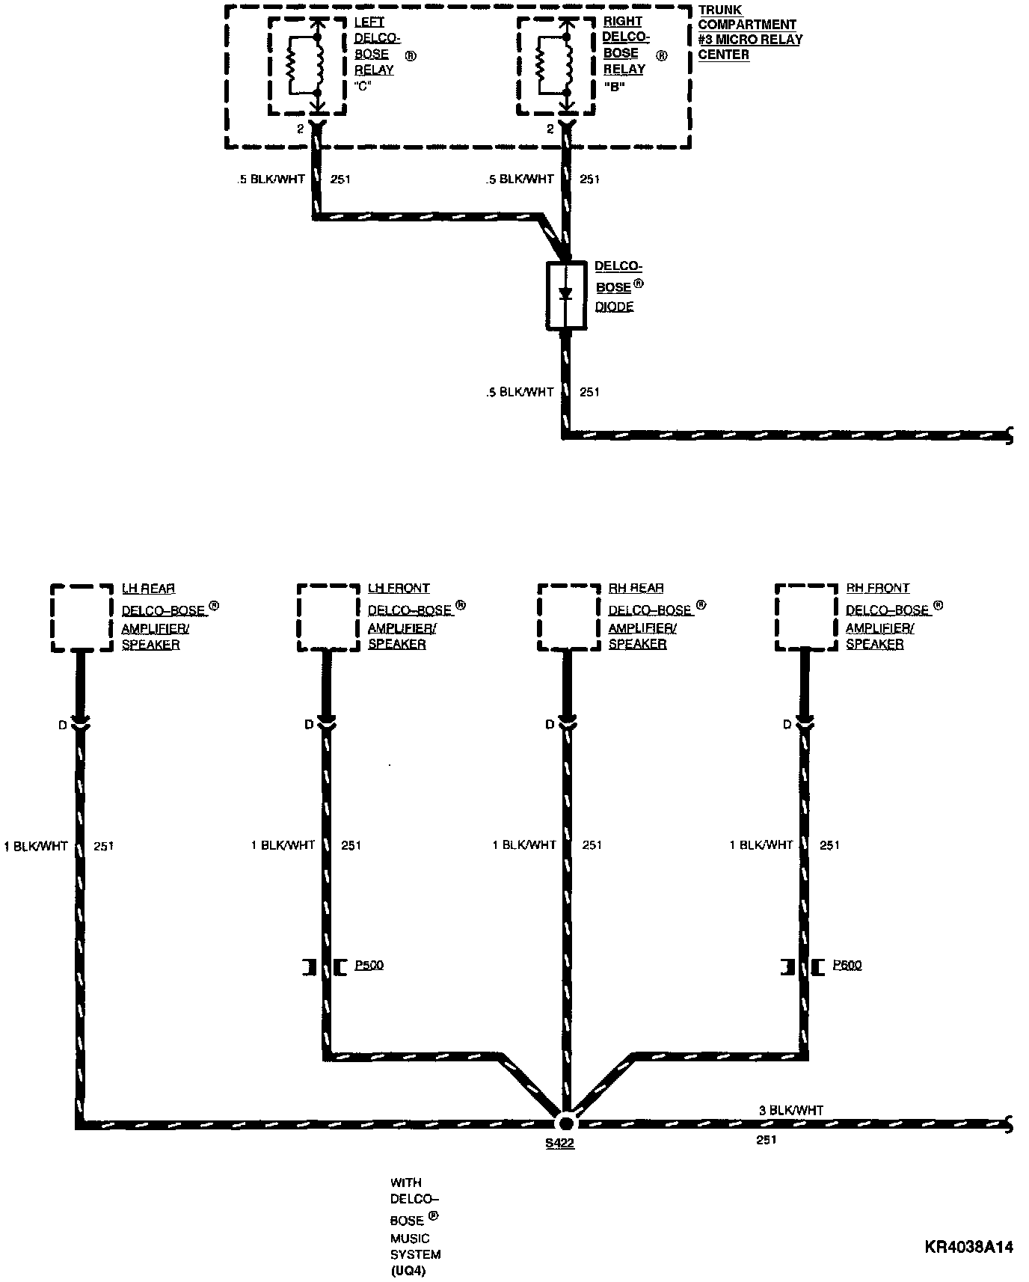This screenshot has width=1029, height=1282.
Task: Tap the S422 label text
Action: click(x=559, y=1144)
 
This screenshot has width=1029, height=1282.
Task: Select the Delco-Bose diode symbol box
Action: click(x=566, y=295)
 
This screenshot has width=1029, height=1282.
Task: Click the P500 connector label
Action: click(x=369, y=965)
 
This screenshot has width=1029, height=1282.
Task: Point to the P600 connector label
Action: click(x=847, y=965)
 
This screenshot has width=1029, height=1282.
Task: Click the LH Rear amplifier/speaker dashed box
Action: click(x=81, y=618)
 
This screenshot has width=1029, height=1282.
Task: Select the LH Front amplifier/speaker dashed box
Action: click(x=328, y=618)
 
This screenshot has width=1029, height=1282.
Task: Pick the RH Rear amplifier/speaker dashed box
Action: click(x=568, y=618)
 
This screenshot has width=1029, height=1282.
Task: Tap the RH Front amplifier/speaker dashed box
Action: click(x=806, y=618)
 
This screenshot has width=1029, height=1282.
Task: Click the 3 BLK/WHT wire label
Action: click(x=790, y=1111)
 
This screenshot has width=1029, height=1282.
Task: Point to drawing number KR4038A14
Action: click(x=968, y=1248)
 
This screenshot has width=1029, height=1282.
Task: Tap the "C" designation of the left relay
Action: click(x=362, y=85)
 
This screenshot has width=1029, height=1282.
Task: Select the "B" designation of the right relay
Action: click(x=613, y=85)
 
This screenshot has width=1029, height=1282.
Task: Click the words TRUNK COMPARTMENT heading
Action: click(x=747, y=18)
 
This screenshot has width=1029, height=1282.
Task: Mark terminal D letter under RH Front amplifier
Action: click(x=787, y=724)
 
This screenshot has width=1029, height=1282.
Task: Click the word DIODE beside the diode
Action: click(x=614, y=307)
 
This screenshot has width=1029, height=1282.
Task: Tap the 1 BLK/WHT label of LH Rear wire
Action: click(x=36, y=847)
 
